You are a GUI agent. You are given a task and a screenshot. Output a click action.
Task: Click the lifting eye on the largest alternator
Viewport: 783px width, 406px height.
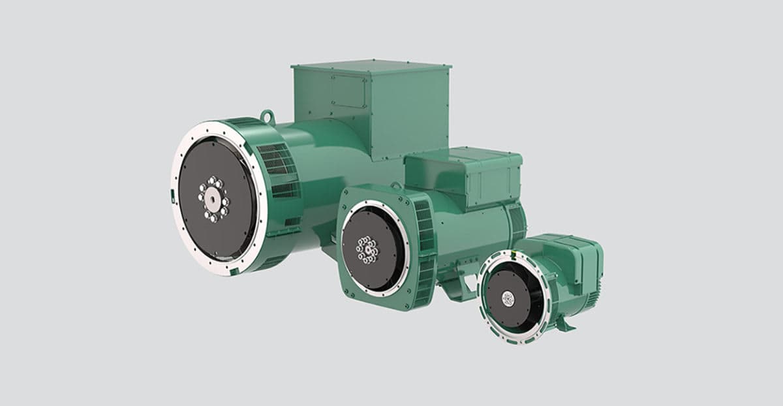(267, 116)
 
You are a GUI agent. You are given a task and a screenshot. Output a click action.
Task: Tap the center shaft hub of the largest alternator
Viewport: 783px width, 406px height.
(213, 196)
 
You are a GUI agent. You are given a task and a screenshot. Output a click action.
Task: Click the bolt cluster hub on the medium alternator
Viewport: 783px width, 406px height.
(367, 248)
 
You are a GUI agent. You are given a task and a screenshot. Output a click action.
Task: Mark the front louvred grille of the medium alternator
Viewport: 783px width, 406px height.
(424, 251)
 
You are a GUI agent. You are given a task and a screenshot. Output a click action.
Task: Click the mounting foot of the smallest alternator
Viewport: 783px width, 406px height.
(568, 324)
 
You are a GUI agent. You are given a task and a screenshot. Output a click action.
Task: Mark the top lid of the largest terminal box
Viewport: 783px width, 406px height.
(371, 65)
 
